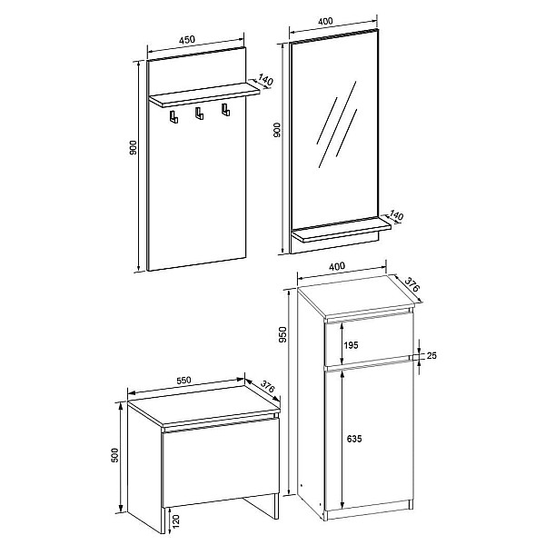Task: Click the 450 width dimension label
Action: [x=187, y=40]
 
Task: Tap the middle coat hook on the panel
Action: [x=199, y=114]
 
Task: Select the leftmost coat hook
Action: [x=173, y=117]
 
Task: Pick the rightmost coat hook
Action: [x=225, y=110]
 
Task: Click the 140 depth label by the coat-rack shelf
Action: [x=265, y=80]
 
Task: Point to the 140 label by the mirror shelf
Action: [x=396, y=215]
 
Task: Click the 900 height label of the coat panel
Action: [x=134, y=148]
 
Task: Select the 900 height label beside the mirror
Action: [x=277, y=130]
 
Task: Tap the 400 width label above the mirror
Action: [x=325, y=21]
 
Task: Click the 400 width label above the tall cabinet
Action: [x=337, y=266]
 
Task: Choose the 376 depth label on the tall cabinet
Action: [x=412, y=284]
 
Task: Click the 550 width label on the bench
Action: [x=183, y=381]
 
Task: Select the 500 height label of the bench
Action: [x=114, y=455]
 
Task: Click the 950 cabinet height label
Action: [x=283, y=334]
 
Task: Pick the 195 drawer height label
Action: [x=351, y=345]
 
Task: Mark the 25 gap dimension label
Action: [x=431, y=355]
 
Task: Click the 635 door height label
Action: [x=354, y=439]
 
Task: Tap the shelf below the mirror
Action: [x=342, y=230]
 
